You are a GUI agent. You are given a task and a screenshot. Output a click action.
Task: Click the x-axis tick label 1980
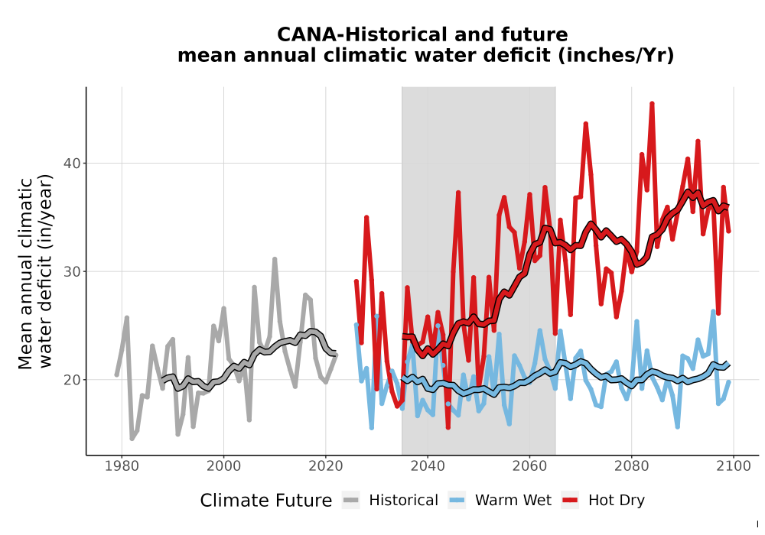pos(122,466)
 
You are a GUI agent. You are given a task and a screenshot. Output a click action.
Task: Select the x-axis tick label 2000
pos(223,466)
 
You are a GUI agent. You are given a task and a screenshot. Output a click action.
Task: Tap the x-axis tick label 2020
pos(325,466)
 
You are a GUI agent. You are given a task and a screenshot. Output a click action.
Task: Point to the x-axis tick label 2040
pos(428,466)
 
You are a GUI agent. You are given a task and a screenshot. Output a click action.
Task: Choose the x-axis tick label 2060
pos(529,466)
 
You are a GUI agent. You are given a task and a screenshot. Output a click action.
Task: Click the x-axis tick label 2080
pos(631,466)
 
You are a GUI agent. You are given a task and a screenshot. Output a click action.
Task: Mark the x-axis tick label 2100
pos(734,466)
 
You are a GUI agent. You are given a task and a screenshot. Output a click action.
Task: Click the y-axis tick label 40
pos(72,164)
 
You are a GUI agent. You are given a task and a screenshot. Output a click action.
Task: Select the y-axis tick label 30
pos(72,271)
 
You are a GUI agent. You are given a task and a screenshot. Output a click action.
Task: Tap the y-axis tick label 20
pos(72,380)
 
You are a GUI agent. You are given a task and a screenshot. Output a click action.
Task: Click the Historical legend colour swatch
pos(351,501)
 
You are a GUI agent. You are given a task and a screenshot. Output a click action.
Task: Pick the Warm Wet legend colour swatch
pos(457,501)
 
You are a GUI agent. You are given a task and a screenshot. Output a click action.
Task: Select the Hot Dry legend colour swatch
pos(570,501)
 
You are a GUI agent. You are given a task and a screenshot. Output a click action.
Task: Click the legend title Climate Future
pos(266,501)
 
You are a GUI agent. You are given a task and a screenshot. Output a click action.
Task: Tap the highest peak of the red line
pos(652,104)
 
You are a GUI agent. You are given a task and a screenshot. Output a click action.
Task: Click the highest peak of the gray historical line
pos(275,259)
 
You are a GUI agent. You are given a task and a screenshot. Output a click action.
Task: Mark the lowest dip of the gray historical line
pos(132,439)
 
